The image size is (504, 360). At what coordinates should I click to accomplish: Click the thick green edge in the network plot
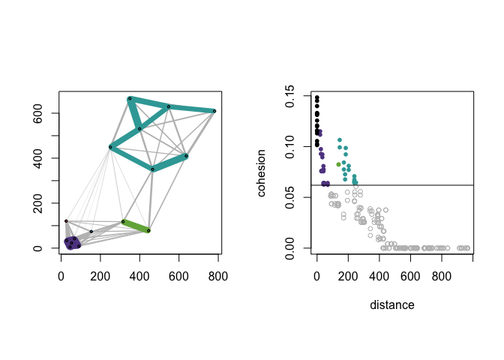pos(136,226)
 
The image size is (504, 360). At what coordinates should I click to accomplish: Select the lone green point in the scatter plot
pos(338,164)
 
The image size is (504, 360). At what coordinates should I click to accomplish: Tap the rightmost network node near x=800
pos(214,111)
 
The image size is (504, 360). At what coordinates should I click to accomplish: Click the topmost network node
pos(130,98)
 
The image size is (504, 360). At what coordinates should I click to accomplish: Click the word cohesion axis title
pos(262,172)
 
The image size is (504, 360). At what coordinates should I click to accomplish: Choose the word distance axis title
pos(392,305)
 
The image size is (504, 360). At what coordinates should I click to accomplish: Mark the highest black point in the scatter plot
pos(316,97)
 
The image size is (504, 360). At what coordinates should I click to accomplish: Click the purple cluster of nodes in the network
pos(72,243)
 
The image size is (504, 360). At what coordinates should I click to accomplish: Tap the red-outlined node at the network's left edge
pos(66,221)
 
